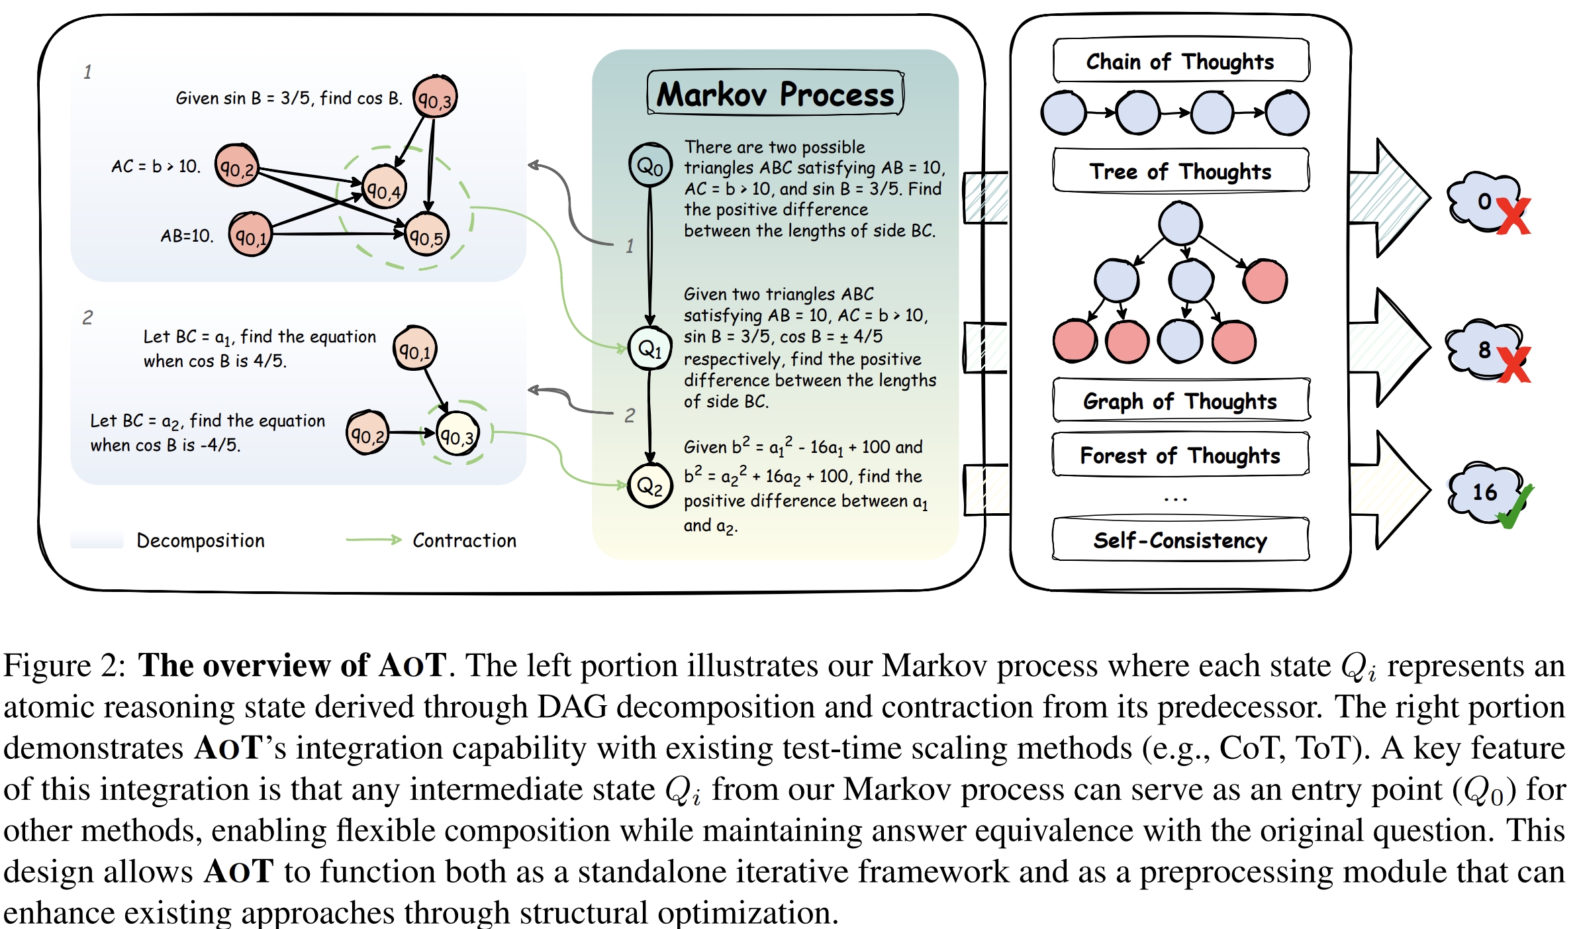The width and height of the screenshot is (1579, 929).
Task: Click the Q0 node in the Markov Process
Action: [x=650, y=165]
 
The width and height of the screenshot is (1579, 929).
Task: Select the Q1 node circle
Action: [x=650, y=348]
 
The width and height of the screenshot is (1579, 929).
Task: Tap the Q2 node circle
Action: [x=650, y=485]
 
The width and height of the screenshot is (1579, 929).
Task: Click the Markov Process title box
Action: [x=775, y=93]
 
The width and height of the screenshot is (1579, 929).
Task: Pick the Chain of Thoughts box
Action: [x=1180, y=61]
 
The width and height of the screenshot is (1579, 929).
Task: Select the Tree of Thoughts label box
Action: [x=1180, y=171]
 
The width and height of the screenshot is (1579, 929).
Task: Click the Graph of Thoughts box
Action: [x=1180, y=401]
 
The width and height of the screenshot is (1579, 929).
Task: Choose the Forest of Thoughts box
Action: [x=1180, y=455]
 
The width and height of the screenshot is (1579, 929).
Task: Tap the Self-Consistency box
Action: [x=1180, y=540]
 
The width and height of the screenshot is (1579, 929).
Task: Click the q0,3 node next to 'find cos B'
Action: [x=435, y=97]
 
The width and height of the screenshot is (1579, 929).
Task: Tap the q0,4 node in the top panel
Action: [x=384, y=187]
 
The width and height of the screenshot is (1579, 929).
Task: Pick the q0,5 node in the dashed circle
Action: [x=426, y=234]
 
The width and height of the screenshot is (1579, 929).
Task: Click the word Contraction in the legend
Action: [x=464, y=540]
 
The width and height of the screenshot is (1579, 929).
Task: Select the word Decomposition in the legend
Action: [x=200, y=540]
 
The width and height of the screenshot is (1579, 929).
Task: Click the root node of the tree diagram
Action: [x=1180, y=223]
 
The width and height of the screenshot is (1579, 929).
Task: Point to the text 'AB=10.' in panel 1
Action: [x=187, y=236]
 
